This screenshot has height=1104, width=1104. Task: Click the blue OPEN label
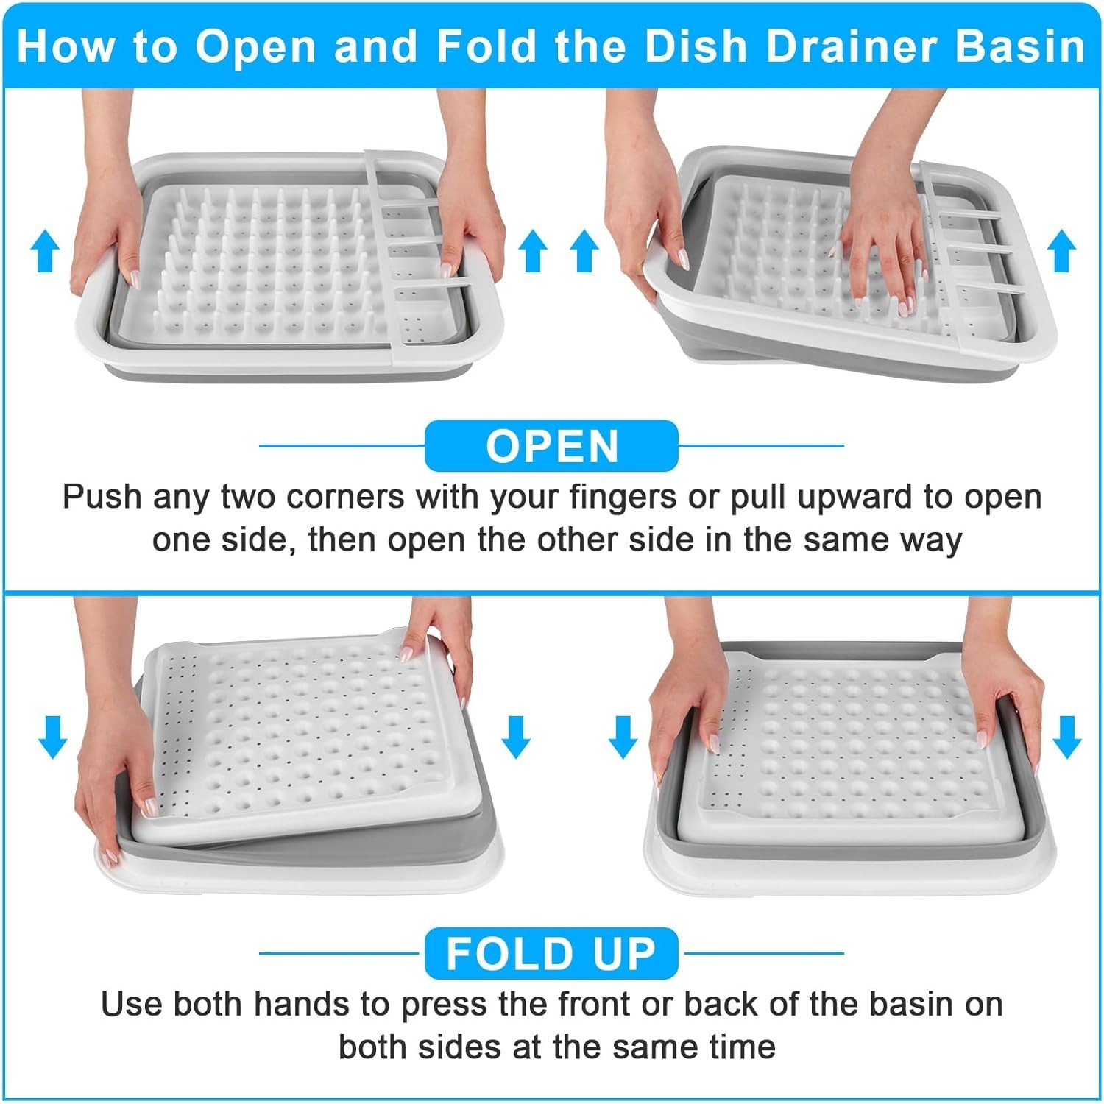point(551,446)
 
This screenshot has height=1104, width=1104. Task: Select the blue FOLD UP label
point(551,954)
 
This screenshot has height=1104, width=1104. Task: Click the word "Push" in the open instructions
point(102,497)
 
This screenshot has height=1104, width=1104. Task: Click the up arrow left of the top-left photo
point(45,250)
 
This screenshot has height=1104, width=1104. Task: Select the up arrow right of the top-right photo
point(1061,250)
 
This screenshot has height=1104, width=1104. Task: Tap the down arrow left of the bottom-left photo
point(52,737)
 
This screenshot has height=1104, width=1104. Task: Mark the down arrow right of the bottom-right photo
point(1066,737)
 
